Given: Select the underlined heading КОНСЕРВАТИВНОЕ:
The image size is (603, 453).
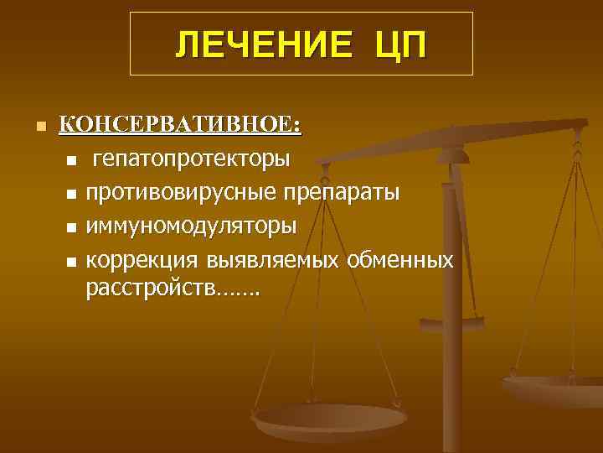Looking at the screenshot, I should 180,125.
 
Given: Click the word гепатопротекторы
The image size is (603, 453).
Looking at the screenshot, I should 193,158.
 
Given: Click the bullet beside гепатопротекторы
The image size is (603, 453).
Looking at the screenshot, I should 71,160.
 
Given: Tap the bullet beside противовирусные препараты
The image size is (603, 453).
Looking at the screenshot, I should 71,195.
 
